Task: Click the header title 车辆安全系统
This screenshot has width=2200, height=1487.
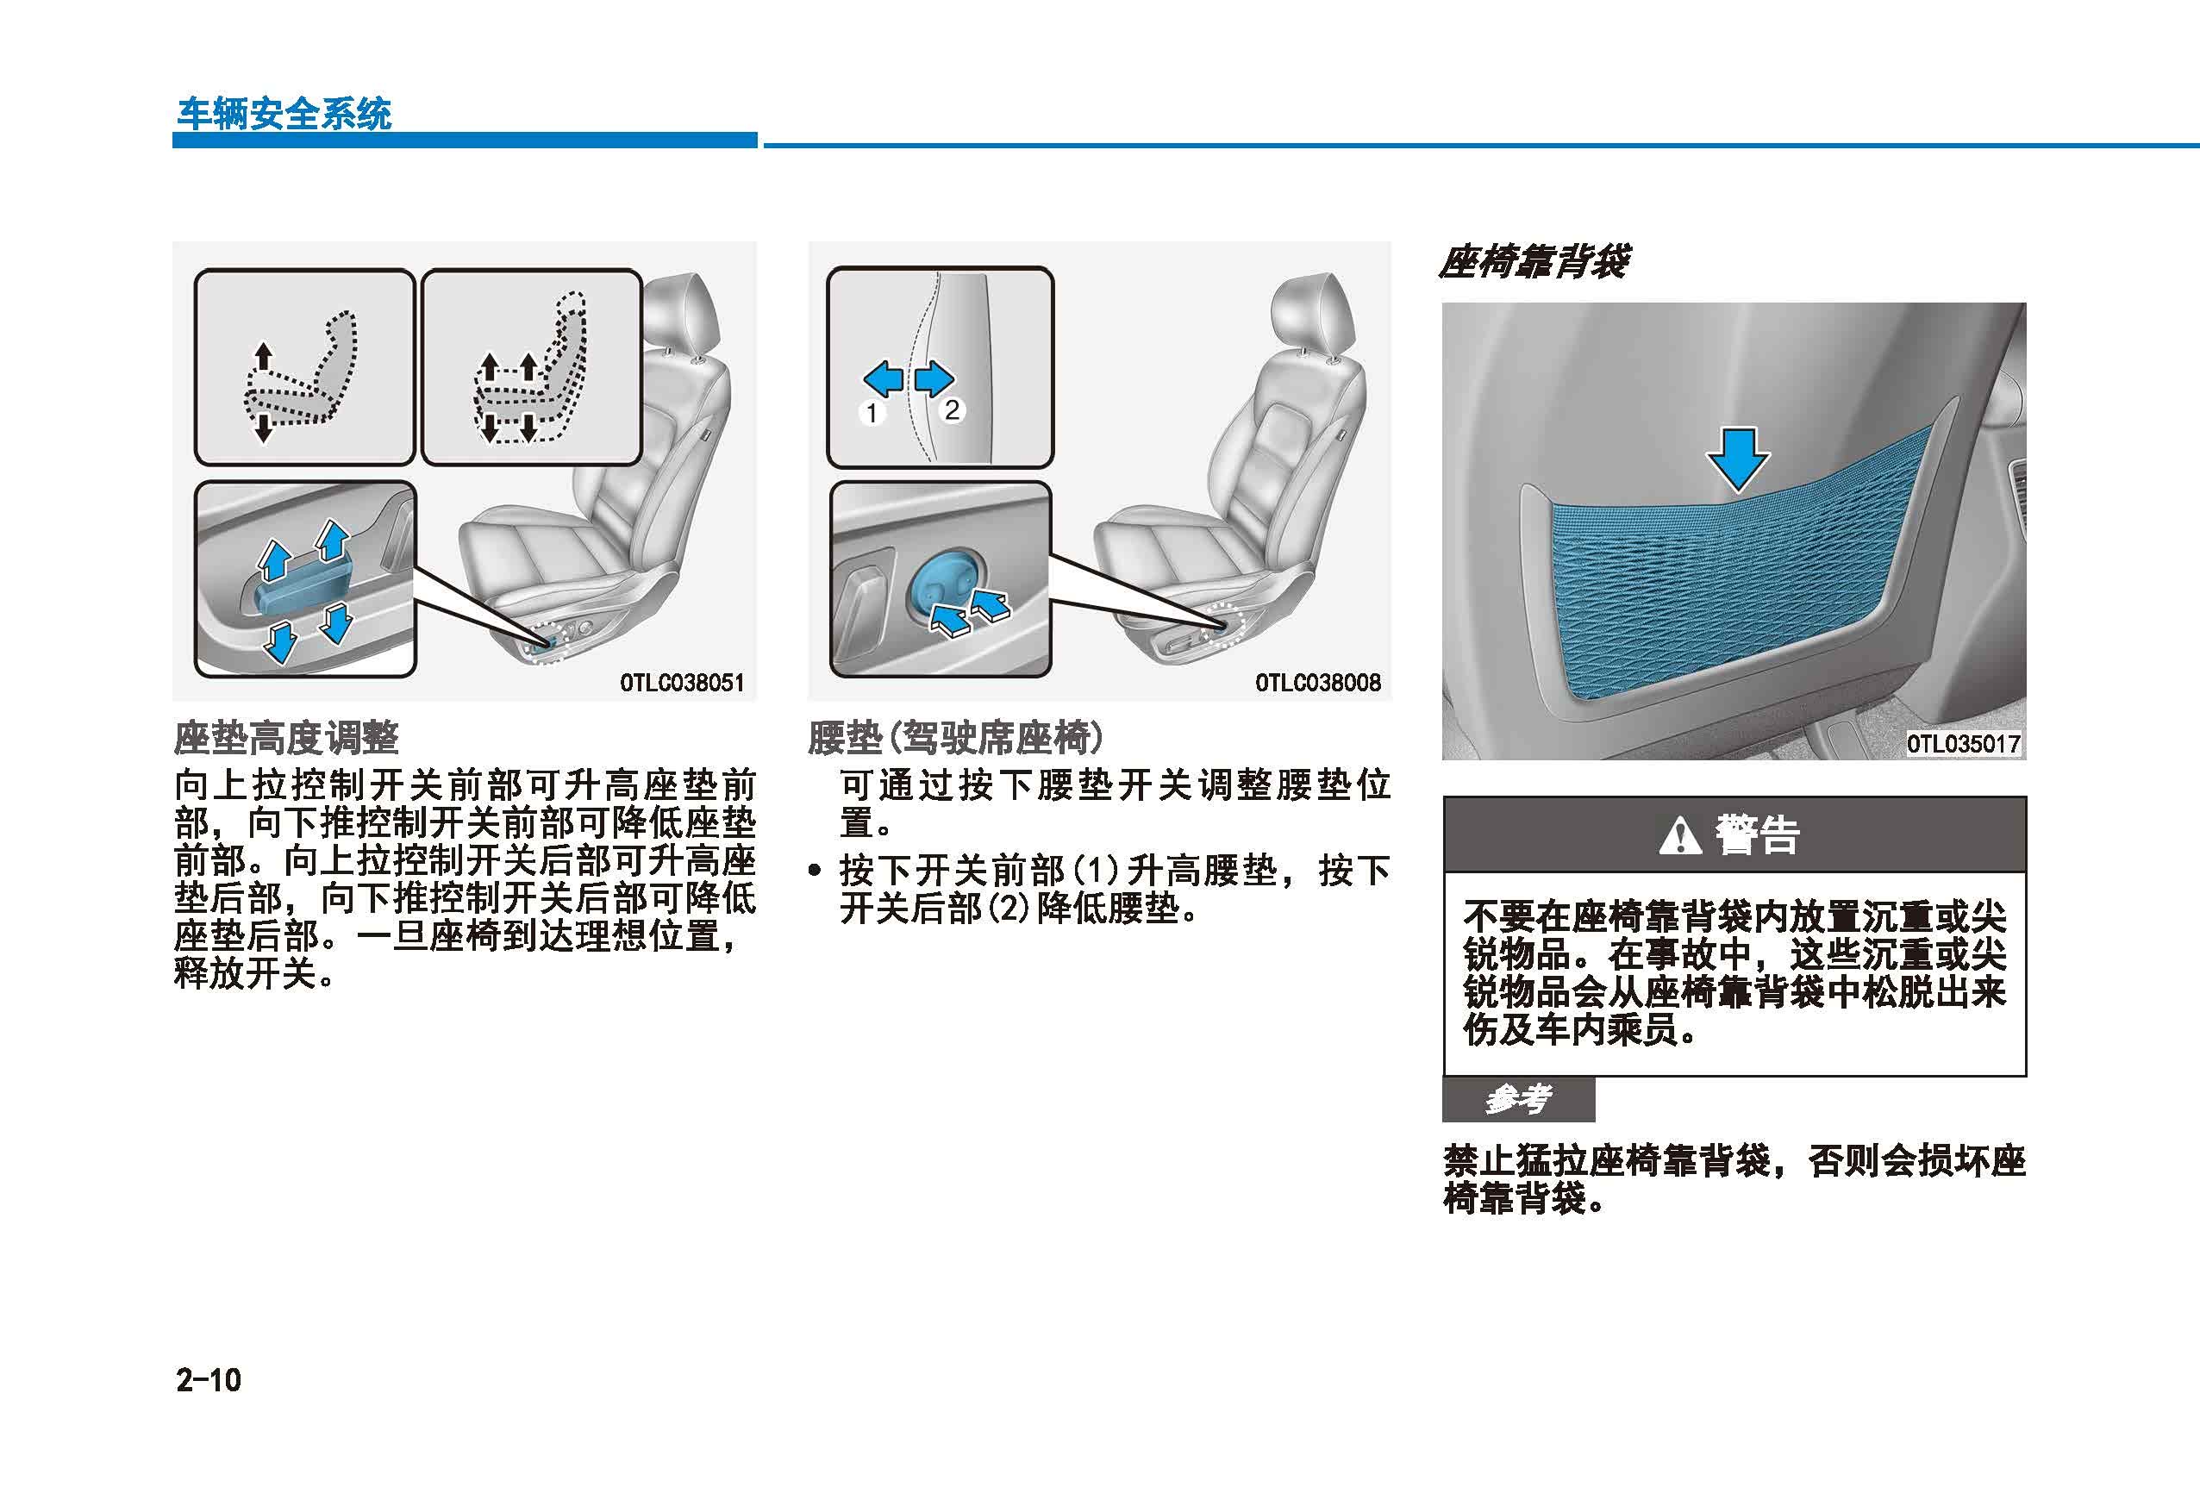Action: click(284, 115)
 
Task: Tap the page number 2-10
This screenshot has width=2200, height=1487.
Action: click(209, 1380)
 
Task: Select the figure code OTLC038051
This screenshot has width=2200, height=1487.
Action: click(683, 683)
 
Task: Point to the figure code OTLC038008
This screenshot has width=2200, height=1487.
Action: click(1318, 683)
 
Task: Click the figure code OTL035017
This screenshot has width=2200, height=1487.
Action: click(1963, 744)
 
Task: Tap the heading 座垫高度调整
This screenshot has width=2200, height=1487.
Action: click(287, 738)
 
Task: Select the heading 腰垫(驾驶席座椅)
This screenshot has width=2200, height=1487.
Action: click(955, 738)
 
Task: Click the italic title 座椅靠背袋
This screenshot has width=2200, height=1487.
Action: click(1534, 261)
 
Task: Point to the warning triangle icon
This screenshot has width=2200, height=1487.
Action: click(1680, 834)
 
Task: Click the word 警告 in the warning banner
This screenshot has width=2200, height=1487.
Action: click(1757, 834)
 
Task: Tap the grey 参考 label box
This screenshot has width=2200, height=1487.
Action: click(1518, 1099)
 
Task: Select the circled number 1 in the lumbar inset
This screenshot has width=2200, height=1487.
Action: click(872, 413)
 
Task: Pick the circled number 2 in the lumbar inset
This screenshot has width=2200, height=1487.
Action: click(952, 409)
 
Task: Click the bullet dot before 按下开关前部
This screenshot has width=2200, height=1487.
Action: click(815, 871)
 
